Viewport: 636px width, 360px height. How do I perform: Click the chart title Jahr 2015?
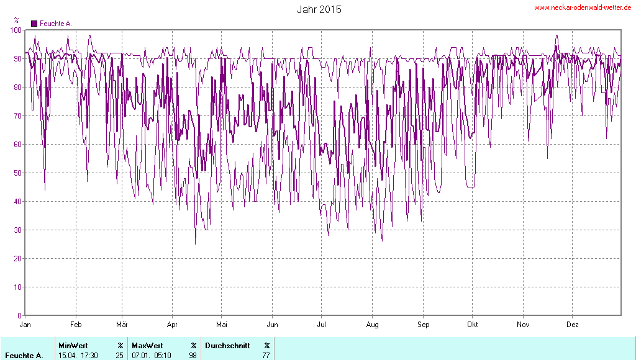coord(319,9)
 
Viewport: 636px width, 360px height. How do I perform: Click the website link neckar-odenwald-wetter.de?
coord(583,8)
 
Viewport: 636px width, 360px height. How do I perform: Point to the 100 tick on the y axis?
coord(16,30)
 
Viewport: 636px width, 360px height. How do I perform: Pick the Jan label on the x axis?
coord(25,325)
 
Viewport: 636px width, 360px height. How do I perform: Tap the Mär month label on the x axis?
coord(122,325)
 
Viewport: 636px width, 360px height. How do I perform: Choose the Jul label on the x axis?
coord(322,325)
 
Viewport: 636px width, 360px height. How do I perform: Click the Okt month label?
coord(473,325)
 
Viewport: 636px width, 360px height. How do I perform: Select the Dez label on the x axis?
coord(573,325)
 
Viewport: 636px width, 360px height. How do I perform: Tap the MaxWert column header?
coord(147,345)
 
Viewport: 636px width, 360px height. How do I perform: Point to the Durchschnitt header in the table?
coord(227,345)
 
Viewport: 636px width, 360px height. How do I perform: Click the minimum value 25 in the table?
coord(119,355)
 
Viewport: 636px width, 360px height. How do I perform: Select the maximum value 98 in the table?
coord(193,355)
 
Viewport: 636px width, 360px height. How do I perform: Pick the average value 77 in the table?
coord(266,355)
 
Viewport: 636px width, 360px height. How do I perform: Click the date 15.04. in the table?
coord(68,355)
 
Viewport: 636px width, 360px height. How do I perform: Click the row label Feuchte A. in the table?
coord(24,355)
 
